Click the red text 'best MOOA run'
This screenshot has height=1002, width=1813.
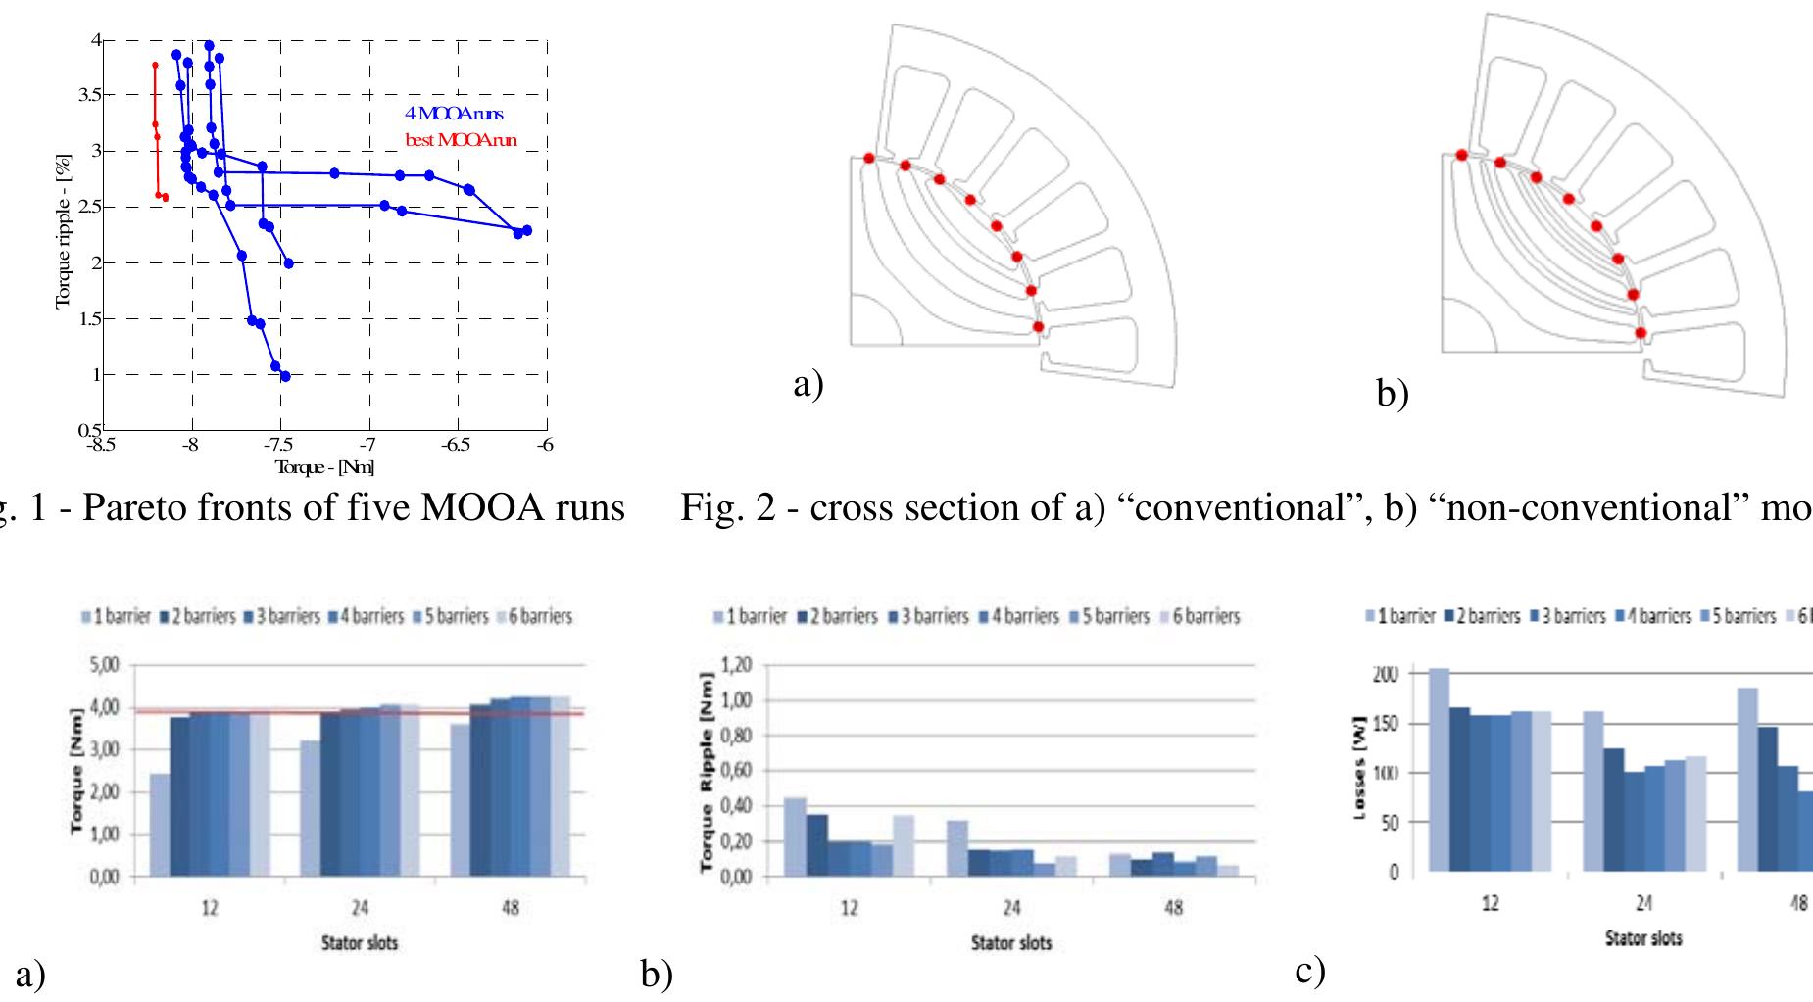point(461,141)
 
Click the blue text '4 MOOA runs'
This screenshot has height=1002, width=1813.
point(454,115)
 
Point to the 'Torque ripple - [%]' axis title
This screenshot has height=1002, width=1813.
point(64,229)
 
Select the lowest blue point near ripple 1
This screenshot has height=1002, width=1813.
point(285,376)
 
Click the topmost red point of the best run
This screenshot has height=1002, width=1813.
point(155,65)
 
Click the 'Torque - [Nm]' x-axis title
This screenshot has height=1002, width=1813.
point(324,467)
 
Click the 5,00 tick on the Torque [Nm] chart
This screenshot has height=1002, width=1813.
point(105,665)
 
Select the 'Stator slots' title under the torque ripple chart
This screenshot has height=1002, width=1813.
point(1011,943)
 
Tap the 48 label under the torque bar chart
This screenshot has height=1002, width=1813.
point(511,908)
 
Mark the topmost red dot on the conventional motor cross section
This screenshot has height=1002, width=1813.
point(869,158)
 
